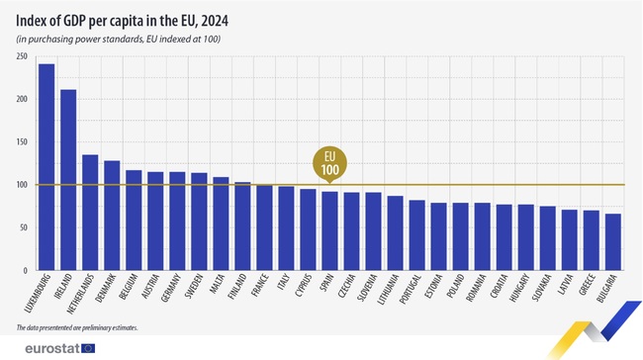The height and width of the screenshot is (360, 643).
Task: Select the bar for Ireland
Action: (68, 179)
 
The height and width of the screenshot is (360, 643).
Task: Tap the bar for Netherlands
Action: (90, 212)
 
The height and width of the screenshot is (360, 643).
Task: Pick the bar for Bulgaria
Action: (613, 241)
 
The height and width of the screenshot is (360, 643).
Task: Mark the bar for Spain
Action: (329, 230)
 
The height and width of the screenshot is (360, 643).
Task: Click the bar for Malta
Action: (221, 224)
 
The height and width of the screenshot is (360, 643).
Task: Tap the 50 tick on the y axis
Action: (23, 227)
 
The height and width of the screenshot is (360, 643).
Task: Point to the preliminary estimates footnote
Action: (77, 327)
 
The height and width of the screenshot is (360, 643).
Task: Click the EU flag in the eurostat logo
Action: (88, 347)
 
